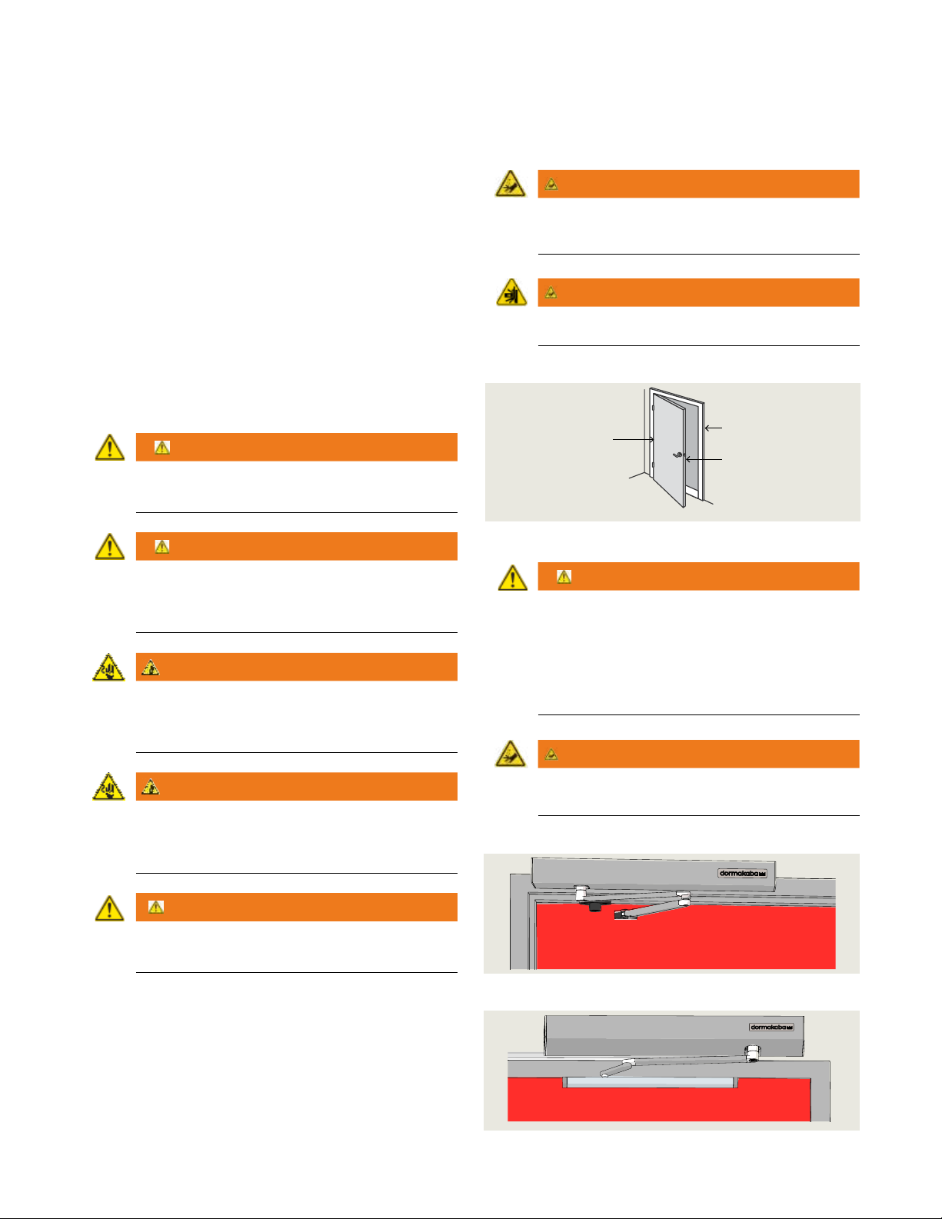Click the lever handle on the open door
[x=677, y=455]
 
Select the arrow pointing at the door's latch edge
[x=704, y=459]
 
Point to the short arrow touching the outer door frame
[x=714, y=428]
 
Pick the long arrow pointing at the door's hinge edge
[x=633, y=439]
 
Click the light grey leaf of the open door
[x=669, y=449]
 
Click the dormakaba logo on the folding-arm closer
[x=742, y=873]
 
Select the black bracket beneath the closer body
[x=595, y=905]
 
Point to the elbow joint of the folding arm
[x=684, y=899]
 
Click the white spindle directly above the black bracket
[x=581, y=891]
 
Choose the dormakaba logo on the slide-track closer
[x=771, y=1027]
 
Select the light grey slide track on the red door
[x=651, y=1082]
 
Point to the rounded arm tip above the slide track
[x=604, y=1074]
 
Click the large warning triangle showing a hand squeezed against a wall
[x=511, y=293]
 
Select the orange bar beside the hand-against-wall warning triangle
[x=699, y=292]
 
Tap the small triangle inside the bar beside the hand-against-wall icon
[x=551, y=292]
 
